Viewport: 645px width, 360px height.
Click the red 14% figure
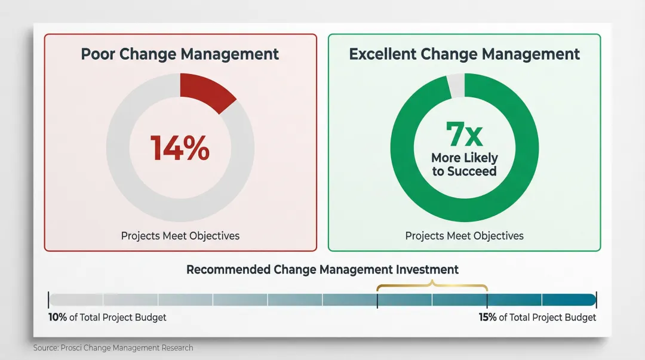(x=180, y=148)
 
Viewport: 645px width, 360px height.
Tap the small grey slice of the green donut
(x=456, y=85)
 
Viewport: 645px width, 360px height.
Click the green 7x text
(x=464, y=134)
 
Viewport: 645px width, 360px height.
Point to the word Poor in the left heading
(x=98, y=54)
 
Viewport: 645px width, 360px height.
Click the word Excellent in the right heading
(x=382, y=54)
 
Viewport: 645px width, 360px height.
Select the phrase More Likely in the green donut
(x=464, y=158)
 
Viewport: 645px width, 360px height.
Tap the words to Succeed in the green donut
(x=464, y=171)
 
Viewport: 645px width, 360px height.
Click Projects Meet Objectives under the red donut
(x=180, y=236)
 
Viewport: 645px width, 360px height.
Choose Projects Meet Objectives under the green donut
(x=464, y=236)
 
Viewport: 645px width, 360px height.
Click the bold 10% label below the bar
(x=57, y=317)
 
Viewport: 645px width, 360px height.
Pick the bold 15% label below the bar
(x=487, y=317)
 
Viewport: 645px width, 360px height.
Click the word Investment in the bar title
(x=429, y=269)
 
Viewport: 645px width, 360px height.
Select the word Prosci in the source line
(x=71, y=347)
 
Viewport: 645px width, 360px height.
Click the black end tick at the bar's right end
(x=596, y=300)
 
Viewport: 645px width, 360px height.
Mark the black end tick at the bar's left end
(x=48, y=300)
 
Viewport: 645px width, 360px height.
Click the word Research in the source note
(x=177, y=347)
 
